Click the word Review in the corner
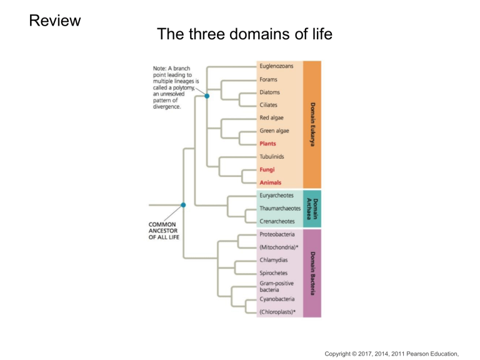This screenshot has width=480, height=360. (55, 21)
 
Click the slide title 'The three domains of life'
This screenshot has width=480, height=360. (244, 34)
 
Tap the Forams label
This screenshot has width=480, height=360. (269, 79)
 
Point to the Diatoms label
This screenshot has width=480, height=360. (271, 92)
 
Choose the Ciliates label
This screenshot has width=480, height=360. (269, 105)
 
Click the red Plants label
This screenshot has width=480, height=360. (268, 144)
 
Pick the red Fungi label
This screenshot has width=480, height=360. (267, 169)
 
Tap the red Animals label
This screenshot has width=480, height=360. (271, 182)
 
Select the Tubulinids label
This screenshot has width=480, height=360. (272, 156)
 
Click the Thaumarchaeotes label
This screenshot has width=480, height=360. (280, 208)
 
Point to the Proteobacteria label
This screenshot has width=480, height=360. (277, 234)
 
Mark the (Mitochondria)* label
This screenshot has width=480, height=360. (279, 247)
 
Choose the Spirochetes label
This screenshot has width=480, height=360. (273, 273)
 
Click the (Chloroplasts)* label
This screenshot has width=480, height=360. (277, 311)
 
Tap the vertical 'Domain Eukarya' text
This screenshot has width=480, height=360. (312, 124)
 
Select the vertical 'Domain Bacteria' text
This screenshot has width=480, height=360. (312, 273)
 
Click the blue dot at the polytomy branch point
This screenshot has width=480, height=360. (207, 96)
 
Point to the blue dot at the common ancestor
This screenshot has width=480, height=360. (183, 204)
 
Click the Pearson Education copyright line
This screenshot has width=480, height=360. (396, 354)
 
